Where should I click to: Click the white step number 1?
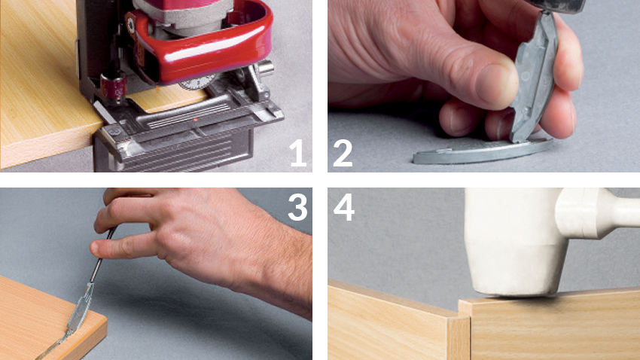tap(299, 153)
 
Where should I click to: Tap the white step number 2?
tap(343, 153)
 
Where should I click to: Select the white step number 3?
tap(297, 207)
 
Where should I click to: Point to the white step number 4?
tap(344, 207)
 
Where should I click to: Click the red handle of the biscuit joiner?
tap(204, 49)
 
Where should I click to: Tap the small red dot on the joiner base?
tap(196, 120)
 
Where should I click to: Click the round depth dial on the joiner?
tap(198, 81)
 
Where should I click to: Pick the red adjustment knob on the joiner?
tap(114, 87)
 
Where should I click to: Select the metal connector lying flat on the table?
tap(483, 151)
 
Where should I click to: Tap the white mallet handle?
tap(600, 212)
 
